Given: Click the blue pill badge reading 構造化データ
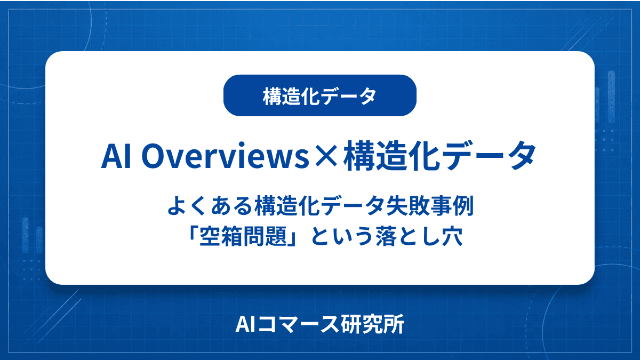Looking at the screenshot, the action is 319,95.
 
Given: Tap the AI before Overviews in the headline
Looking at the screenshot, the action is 116,156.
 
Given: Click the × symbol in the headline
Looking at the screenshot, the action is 326,157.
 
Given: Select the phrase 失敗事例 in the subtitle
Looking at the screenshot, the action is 430,205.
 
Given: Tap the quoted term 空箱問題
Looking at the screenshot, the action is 243,236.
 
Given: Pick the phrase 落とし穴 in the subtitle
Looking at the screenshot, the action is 419,236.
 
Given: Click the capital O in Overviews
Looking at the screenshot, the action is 154,156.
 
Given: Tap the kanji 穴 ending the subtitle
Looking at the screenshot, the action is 452,236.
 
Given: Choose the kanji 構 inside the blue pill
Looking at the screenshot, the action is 272,96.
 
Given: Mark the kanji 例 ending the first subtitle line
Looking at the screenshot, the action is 463,205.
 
